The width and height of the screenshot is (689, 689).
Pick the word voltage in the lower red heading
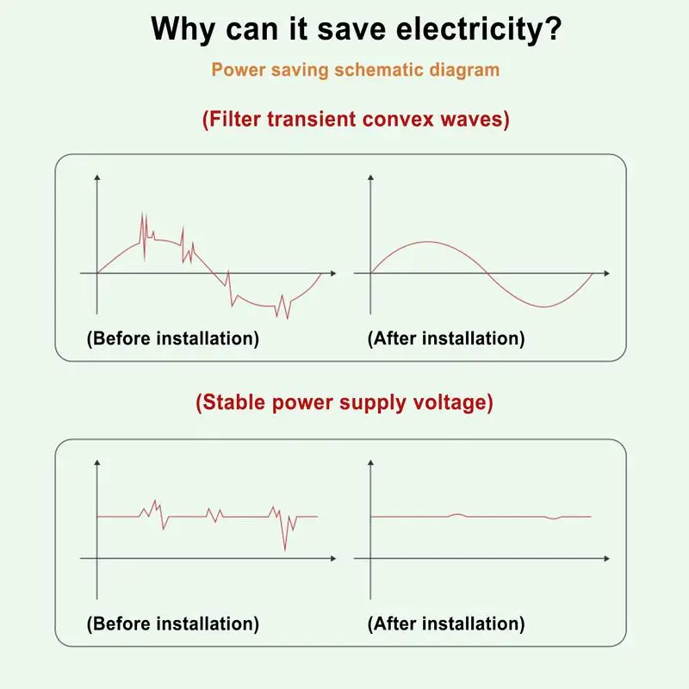coord(457,402)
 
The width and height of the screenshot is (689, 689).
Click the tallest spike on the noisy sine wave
coord(142,214)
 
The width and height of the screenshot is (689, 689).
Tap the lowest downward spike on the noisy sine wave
coord(288,318)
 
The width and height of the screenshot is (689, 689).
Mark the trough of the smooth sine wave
coord(543,307)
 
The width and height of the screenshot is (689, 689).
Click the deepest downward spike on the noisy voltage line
coord(285,549)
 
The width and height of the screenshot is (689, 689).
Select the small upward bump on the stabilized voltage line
coord(457,514)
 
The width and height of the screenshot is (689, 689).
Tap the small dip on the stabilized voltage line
coord(554,518)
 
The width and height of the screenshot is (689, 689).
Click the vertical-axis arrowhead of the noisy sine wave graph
coord(97,177)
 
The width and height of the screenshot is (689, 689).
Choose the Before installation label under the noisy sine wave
coord(172,338)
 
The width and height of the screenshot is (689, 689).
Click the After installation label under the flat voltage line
coord(446,624)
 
